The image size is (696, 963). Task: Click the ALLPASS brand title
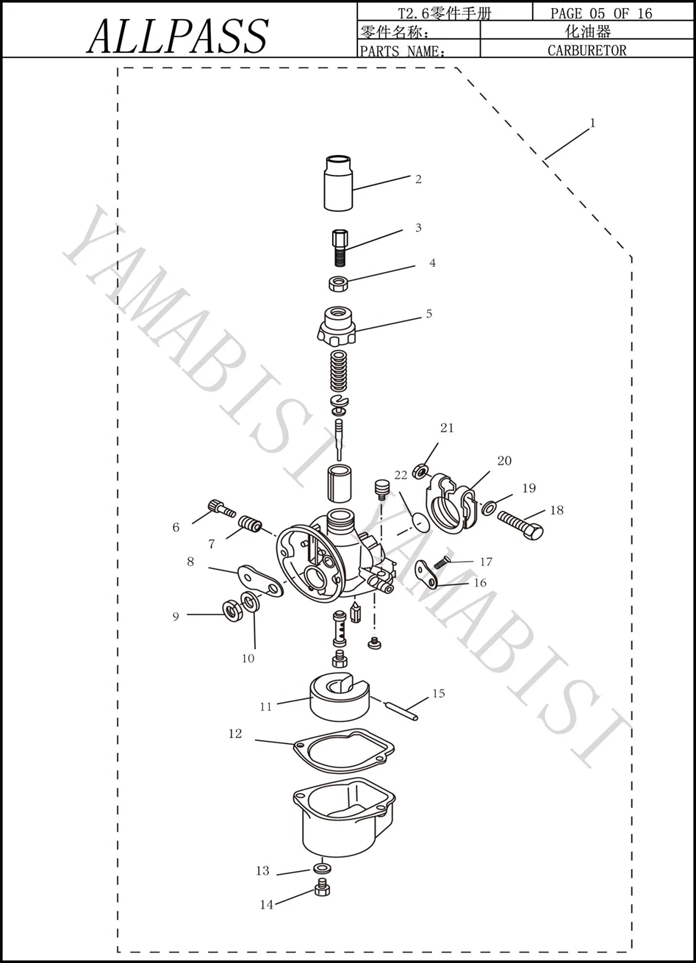point(178,36)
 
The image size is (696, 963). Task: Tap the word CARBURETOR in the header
point(586,50)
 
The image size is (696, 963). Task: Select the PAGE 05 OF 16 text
point(601,13)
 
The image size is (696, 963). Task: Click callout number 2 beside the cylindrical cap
point(418,179)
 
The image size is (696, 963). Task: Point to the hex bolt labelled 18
point(520,525)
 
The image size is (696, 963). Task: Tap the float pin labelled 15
point(402,712)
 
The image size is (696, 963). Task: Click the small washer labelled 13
point(322,868)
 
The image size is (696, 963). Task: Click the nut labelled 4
point(338,284)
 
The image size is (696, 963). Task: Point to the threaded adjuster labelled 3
point(340,248)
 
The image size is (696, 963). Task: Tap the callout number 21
point(447,428)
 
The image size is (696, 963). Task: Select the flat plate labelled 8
point(260,581)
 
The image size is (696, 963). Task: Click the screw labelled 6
point(221,508)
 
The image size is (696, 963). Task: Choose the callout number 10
point(248,658)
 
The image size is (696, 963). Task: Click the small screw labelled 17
point(441,562)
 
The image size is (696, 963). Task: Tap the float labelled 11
point(340,697)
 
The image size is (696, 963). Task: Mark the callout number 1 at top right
point(592,123)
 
